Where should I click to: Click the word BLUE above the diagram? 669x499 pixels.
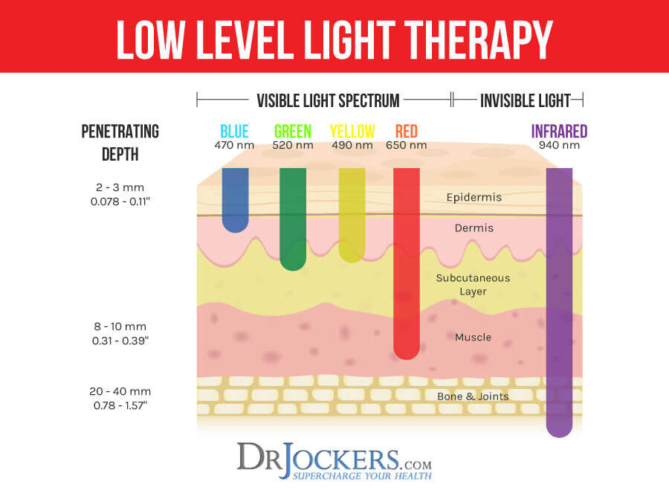pos(234,132)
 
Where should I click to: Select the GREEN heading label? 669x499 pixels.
pos(292,132)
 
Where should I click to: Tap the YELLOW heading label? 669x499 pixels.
pos(352,132)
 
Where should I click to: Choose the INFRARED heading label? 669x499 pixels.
pos(559,132)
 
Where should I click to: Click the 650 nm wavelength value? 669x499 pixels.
pos(407,146)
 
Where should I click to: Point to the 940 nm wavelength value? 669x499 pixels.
pos(559,146)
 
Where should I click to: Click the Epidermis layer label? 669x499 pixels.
pos(474,198)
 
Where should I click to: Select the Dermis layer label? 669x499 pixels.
pos(474,228)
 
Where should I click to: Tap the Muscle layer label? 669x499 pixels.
pos(473,338)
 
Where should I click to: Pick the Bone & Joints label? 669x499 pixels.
pos(473,396)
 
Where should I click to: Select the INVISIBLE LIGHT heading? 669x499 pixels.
pos(525,100)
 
